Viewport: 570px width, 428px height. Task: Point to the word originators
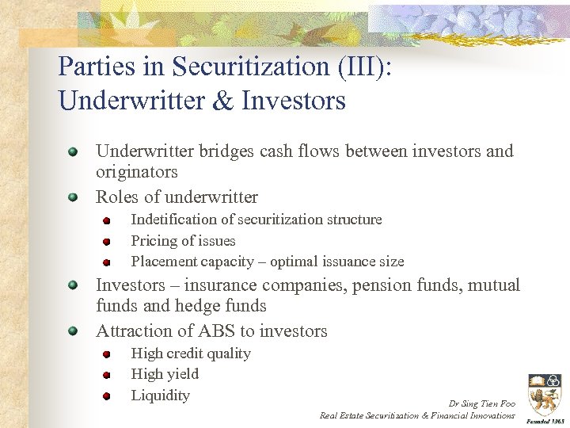136,172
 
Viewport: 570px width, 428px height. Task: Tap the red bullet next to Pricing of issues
106,242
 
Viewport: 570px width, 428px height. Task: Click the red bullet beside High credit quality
106,354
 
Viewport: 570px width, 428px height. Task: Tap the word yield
182,374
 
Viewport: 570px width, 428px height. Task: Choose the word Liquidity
160,396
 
